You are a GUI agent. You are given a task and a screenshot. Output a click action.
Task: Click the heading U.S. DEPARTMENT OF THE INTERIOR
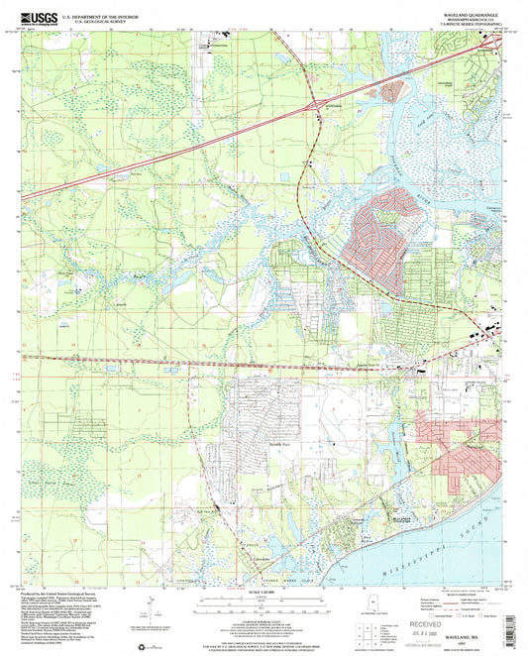pos(99,15)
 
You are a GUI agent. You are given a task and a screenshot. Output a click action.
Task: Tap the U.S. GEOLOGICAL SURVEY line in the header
pos(99,21)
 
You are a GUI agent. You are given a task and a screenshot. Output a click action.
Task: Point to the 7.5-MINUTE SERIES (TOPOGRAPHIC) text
pos(464,24)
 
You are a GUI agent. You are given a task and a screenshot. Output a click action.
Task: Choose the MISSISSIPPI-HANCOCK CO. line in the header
pos(464,18)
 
